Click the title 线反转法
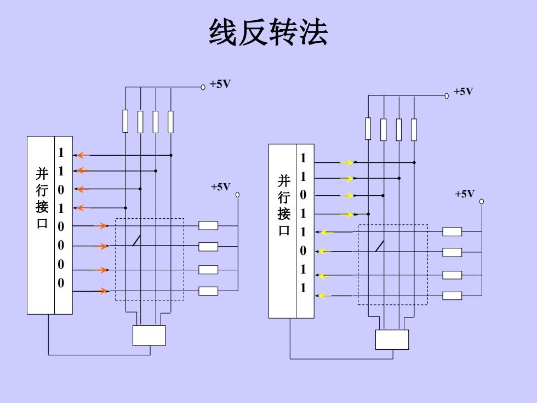[x=268, y=32]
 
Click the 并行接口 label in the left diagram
[x=42, y=198]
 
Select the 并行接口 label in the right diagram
[x=284, y=205]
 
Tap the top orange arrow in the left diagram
[x=82, y=155]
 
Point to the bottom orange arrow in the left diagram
[x=101, y=291]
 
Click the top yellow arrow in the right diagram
[x=347, y=162]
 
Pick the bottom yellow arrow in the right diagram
[x=324, y=296]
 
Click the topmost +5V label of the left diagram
[x=220, y=84]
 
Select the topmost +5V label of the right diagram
[x=463, y=92]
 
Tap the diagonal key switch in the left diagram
[x=136, y=241]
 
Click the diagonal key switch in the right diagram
[x=379, y=246]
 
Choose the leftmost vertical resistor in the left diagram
[x=125, y=121]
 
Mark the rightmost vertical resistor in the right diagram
[x=414, y=129]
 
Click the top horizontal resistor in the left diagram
[x=208, y=225]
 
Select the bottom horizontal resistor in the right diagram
[x=452, y=296]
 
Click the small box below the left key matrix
[x=149, y=336]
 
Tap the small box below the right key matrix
[x=392, y=339]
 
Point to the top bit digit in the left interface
[x=61, y=152]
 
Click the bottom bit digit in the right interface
[x=303, y=288]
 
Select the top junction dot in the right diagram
[x=414, y=162]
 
